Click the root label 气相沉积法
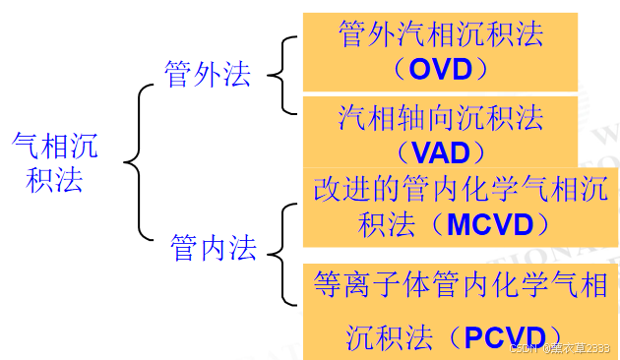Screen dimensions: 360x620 pyautogui.click(x=55, y=161)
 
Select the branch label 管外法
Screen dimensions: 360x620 pyautogui.click(x=208, y=75)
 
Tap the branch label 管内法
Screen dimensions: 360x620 pyautogui.click(x=213, y=248)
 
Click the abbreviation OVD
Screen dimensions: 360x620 pyautogui.click(x=441, y=70)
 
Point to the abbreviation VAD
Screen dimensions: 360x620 pyautogui.click(x=442, y=152)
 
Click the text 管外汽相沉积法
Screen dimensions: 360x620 pyautogui.click(x=441, y=35)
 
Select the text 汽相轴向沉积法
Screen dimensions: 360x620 pyautogui.click(x=441, y=118)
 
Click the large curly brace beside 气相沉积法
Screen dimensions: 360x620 pyautogui.click(x=141, y=161)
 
